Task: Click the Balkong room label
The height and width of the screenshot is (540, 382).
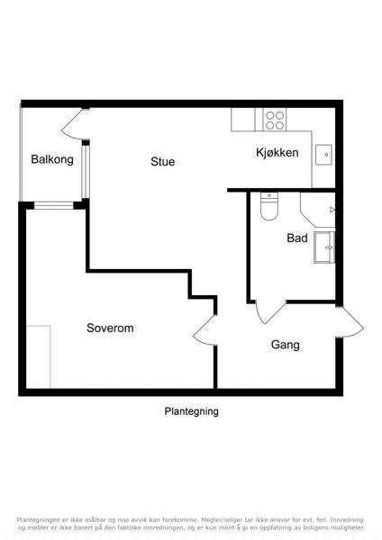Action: [x=52, y=159]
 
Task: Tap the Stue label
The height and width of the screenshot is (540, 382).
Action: [x=163, y=161]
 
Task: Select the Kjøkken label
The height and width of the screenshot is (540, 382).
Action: [x=277, y=153]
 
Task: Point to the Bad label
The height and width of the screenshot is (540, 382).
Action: [x=297, y=238]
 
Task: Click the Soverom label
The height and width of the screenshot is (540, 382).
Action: [x=110, y=328]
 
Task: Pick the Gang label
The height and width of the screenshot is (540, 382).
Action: [x=285, y=345]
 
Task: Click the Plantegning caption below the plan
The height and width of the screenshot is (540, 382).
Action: [x=191, y=411]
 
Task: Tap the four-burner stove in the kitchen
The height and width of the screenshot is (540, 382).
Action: [x=275, y=120]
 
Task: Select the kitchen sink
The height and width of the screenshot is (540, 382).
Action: [x=323, y=155]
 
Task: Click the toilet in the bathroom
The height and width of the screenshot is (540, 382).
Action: [x=269, y=206]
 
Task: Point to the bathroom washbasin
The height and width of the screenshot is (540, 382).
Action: [x=324, y=247]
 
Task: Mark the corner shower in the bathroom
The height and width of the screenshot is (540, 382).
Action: [x=318, y=210]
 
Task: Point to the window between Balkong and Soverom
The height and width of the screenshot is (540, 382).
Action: [x=54, y=205]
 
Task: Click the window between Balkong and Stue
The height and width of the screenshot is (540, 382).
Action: [x=86, y=172]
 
